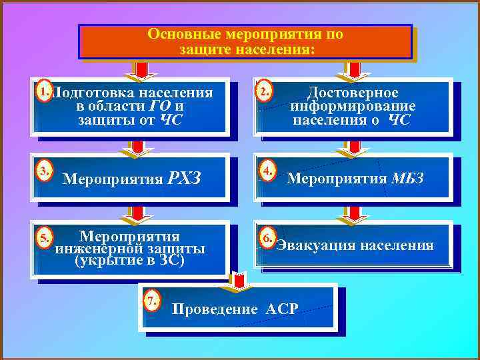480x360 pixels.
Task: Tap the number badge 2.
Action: point(265,91)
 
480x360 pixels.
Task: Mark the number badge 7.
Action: point(153,300)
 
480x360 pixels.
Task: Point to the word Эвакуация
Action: point(316,246)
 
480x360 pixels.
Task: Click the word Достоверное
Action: point(353,93)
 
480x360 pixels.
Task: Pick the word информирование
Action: point(353,106)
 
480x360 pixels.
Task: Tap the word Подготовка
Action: point(94,93)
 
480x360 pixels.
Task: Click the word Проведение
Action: point(214,309)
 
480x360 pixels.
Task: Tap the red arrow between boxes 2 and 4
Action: point(355,148)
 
